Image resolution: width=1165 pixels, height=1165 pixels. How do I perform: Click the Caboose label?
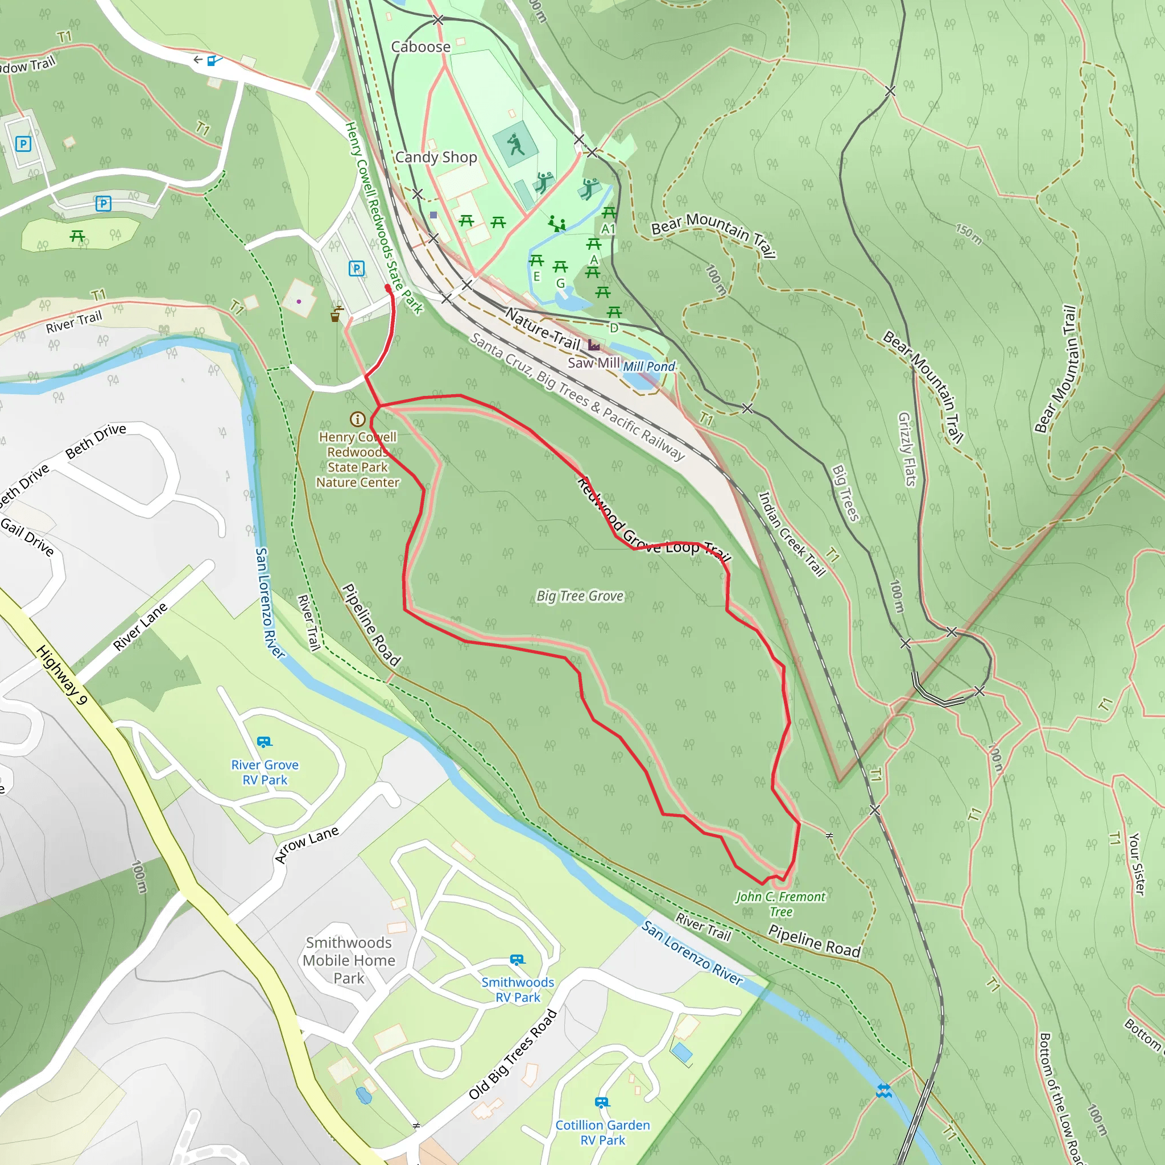420,47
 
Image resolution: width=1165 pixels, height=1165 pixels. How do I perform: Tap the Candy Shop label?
436,158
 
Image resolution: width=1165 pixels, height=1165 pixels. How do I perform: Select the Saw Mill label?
593,363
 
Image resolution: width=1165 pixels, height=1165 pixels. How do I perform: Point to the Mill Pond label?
649,367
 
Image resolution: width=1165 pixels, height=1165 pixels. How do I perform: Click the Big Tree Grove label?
580,596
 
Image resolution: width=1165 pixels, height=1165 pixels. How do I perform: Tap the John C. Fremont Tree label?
780,904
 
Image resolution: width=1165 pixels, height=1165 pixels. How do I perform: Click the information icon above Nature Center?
358,419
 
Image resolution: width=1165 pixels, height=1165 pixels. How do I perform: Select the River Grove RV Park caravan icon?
264,742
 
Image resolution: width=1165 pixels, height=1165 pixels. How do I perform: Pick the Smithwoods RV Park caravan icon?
518,960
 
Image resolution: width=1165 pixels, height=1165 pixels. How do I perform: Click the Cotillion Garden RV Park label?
602,1133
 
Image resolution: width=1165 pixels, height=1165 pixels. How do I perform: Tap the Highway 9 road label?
62,675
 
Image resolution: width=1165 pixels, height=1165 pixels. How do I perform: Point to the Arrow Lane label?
307,844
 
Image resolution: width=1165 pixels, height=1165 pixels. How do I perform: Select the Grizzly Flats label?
906,449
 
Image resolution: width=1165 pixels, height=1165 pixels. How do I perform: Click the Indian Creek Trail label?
791,534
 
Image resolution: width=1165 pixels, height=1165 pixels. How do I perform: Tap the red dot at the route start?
388,288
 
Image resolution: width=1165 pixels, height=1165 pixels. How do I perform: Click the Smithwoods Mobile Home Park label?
349,960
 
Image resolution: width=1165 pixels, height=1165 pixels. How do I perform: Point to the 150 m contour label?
968,234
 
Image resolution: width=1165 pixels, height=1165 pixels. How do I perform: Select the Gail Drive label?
27,536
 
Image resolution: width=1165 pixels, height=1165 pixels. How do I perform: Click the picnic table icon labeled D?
614,312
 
